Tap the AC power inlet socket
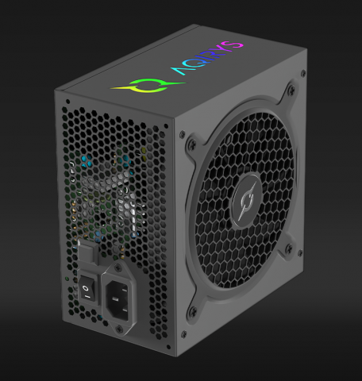click(x=117, y=296)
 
